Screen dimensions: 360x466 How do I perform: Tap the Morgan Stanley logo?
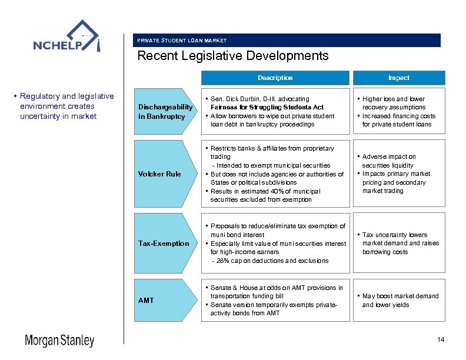[59, 341]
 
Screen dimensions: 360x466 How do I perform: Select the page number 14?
[441, 341]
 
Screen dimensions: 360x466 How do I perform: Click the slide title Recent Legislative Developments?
[232, 56]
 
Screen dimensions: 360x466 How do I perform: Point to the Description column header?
[275, 78]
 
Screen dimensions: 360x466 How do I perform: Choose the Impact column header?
[398, 78]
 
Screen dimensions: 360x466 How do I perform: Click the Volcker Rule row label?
[159, 174]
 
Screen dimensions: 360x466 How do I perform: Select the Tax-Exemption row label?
[163, 244]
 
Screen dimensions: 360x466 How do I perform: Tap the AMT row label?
[146, 301]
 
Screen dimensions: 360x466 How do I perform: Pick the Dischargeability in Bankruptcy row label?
[165, 112]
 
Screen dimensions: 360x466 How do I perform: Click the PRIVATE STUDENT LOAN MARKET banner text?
[182, 41]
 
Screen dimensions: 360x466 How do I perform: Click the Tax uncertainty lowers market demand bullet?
[400, 243]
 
